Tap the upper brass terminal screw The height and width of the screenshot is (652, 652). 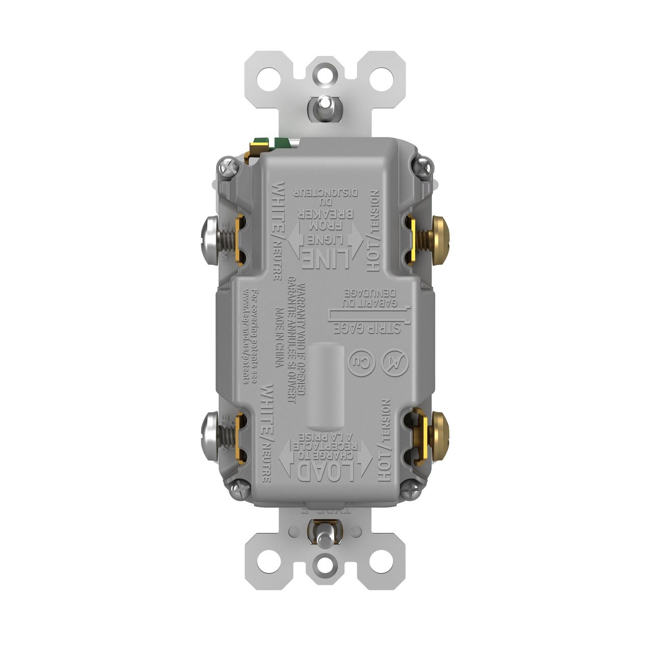[440, 235]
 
